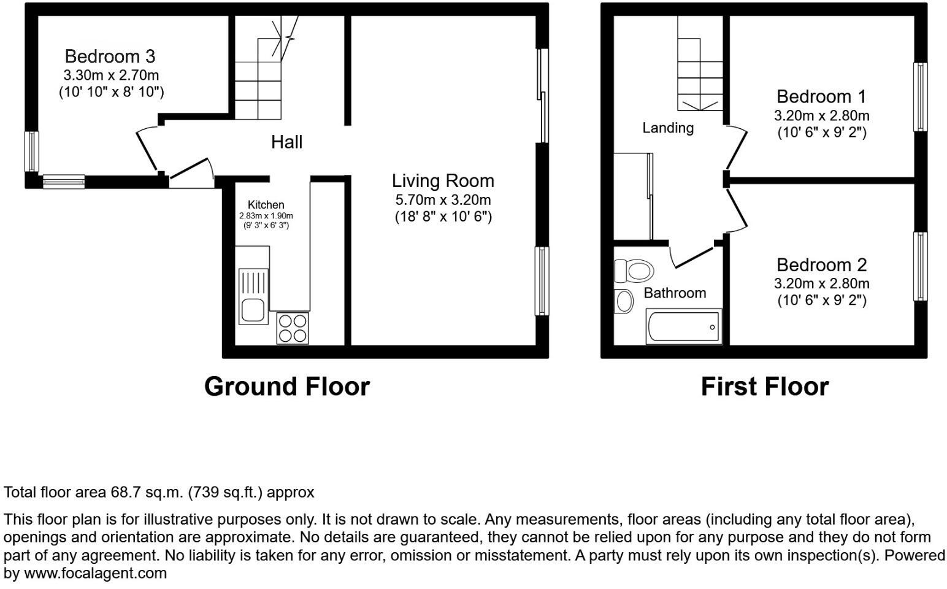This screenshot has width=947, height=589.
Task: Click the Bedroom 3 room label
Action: coord(110,56)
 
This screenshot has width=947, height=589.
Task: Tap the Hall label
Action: coord(286,142)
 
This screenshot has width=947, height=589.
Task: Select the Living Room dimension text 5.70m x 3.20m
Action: coord(443,199)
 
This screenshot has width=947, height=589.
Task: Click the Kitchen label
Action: coord(266,205)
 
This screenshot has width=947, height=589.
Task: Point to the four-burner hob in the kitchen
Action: coord(293,328)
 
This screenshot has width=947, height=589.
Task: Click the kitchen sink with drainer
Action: coord(253,296)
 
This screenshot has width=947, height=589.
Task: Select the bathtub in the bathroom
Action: coord(683,327)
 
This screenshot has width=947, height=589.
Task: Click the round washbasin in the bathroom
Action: coord(624,301)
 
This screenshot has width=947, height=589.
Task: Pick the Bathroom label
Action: coord(674,293)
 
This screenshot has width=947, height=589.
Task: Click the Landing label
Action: coord(668,128)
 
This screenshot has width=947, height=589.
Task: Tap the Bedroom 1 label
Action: coord(821,96)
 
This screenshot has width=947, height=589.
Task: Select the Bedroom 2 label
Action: coord(821,264)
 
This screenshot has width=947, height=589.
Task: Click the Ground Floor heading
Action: coord(286,387)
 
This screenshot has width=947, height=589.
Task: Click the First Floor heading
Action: coord(764,387)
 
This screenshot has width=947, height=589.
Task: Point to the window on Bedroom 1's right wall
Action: coord(920,97)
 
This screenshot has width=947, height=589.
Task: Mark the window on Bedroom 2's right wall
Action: coord(920,266)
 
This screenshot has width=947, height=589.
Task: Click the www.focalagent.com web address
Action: coord(95,574)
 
